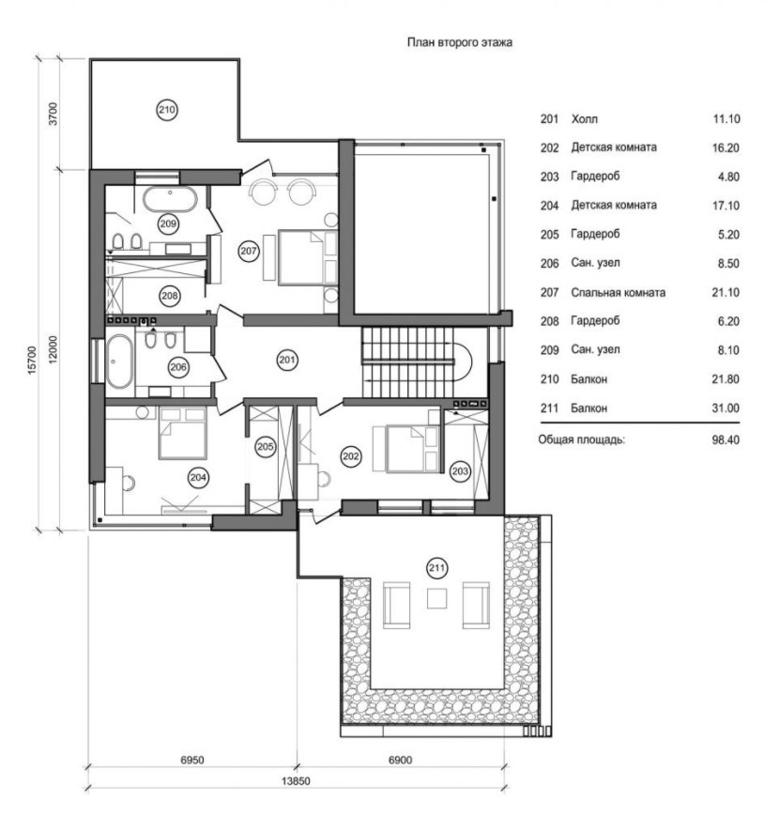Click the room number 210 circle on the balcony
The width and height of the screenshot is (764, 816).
coord(167,110)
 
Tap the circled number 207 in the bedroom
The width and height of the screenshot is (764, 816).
coord(249,252)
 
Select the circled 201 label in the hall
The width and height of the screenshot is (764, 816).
coord(287,360)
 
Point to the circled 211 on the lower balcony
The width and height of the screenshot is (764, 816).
coord(436,568)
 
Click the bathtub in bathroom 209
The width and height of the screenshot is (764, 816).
coord(170,199)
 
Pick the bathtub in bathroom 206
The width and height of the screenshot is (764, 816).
coord(119,362)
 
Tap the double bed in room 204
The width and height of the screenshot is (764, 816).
coord(182,433)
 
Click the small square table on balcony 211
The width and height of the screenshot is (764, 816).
coord(436,598)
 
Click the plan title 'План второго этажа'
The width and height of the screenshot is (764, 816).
coord(460,42)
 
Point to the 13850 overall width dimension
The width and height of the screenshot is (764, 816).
coord(296,780)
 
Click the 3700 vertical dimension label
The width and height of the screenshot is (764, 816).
coord(53,114)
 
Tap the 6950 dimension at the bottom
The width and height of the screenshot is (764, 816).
coord(192,760)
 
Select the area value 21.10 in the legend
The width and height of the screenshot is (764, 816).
coord(726,292)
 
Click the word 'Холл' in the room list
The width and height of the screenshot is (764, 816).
coord(584,119)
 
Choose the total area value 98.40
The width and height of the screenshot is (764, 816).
coord(726,439)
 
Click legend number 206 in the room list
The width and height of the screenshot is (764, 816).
coord(549,264)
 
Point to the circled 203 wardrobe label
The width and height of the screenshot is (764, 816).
coord(460,471)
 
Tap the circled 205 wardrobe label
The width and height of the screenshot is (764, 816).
coord(266,447)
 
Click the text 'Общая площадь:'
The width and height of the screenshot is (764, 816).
coord(582,439)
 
